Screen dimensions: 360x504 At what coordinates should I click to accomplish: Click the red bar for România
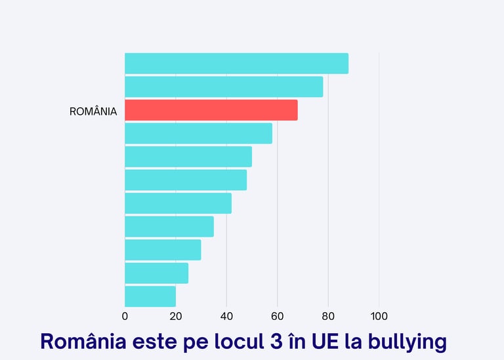[211, 110]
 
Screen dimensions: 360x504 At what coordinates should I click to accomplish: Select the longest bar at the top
[236, 64]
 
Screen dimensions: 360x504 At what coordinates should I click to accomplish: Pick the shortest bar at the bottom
[150, 296]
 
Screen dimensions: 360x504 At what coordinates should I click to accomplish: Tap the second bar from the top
[224, 87]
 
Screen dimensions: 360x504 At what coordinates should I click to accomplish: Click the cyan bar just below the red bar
[198, 133]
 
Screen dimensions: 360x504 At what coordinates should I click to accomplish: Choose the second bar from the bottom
[156, 273]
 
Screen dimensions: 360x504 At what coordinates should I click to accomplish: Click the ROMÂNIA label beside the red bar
[93, 111]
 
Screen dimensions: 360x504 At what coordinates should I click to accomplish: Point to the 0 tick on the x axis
[125, 316]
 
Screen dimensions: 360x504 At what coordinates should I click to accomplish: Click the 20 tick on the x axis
[176, 316]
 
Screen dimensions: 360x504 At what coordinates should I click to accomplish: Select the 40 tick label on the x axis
[226, 316]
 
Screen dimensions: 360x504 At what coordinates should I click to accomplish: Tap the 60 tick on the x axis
[277, 316]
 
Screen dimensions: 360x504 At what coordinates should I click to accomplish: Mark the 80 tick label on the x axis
[328, 316]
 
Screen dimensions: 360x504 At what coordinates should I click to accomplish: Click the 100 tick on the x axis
[379, 316]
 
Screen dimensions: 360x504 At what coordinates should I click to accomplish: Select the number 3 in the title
[274, 342]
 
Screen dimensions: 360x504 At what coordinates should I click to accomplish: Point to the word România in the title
[77, 342]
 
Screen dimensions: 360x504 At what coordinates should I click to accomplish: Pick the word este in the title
[144, 342]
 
